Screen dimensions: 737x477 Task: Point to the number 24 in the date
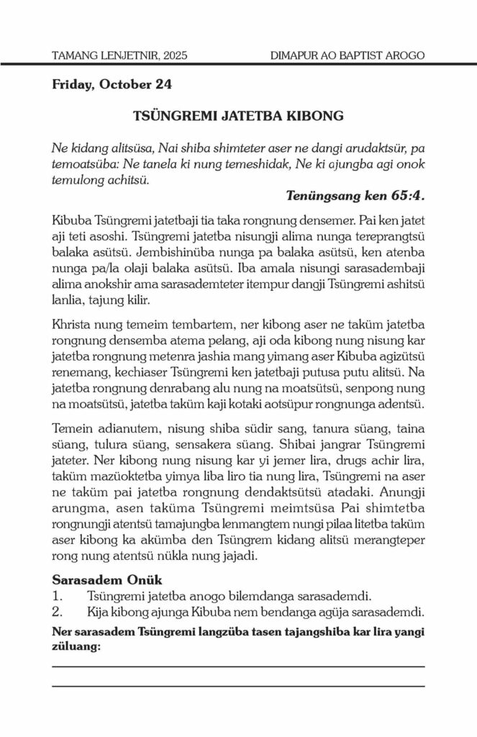(163, 84)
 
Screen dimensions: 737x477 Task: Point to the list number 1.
(58, 595)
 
